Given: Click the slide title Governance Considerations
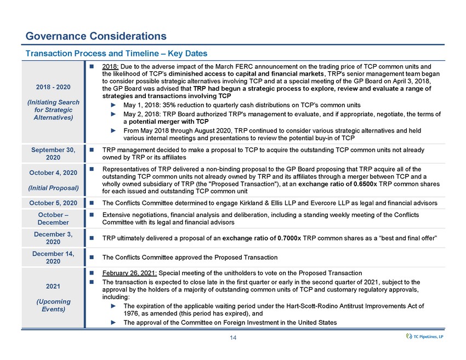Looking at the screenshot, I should coord(96,36).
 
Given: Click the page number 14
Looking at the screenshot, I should coord(233,338).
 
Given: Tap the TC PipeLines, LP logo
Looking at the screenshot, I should coord(423,336).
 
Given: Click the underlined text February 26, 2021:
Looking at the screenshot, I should coord(128,273).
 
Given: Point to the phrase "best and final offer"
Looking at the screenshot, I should coord(402,239).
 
